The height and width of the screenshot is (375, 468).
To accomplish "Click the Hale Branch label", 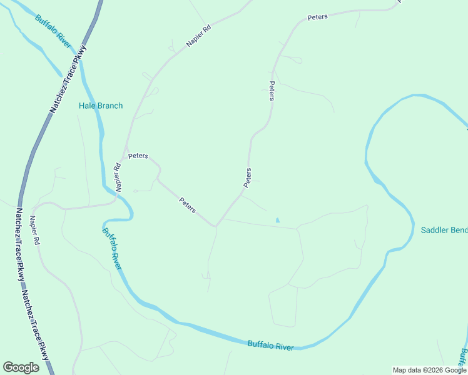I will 101,106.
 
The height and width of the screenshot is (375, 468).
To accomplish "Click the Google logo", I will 21,367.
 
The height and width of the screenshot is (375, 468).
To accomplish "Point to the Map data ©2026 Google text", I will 429,370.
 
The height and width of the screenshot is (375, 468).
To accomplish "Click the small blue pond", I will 277,220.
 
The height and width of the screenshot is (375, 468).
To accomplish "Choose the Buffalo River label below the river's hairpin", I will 111,249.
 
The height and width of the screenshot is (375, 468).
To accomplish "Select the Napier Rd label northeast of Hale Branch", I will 199,36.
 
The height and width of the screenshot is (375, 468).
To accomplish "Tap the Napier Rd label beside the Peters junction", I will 117,177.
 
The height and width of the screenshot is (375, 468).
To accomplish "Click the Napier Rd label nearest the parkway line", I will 35,231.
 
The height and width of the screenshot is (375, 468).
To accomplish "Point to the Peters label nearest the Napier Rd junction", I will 138,156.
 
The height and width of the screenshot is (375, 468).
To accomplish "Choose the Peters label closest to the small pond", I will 248,177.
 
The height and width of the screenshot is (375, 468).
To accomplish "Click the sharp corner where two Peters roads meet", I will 216,225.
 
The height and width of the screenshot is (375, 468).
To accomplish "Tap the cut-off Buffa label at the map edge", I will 464,357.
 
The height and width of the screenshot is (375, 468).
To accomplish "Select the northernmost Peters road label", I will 317,17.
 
